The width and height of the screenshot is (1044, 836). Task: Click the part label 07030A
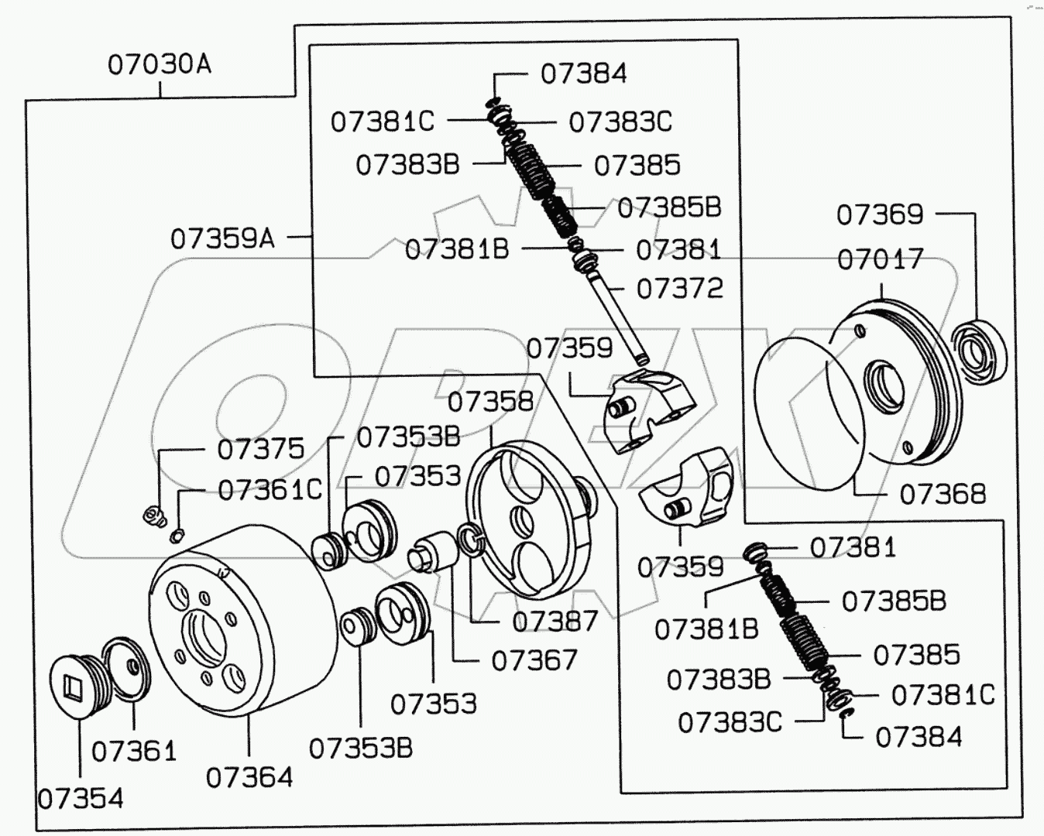[159, 64]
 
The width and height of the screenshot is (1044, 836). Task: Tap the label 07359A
[222, 238]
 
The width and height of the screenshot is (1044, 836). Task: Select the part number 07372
[679, 289]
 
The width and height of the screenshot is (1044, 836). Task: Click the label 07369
[880, 214]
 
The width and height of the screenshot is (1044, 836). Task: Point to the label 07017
[881, 259]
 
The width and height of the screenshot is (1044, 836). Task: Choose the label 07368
[943, 494]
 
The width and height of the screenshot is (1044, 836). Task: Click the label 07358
[491, 402]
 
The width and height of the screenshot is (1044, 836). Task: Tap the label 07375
[260, 450]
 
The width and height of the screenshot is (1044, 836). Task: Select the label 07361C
[270, 490]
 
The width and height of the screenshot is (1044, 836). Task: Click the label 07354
[81, 799]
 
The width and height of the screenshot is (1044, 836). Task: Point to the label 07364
[249, 777]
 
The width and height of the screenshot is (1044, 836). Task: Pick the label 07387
[555, 622]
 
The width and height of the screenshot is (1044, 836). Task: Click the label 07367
[534, 660]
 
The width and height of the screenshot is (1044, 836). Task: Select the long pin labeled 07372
[620, 317]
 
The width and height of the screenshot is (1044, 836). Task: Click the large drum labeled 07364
[232, 619]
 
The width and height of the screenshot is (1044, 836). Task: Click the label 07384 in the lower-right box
[919, 738]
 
